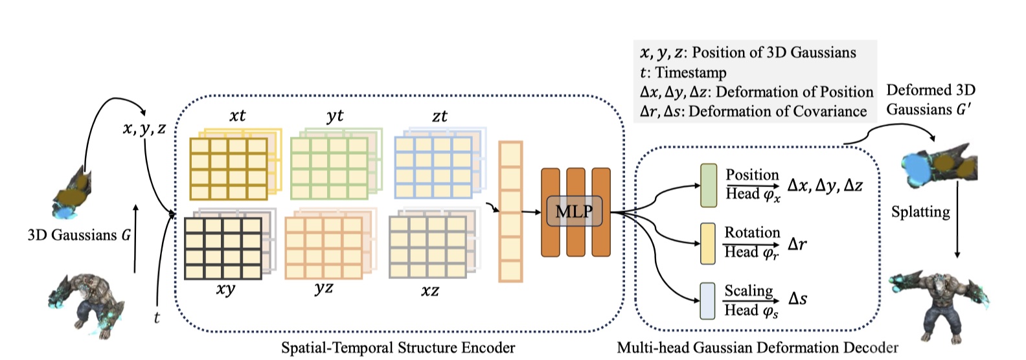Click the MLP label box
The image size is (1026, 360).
575,211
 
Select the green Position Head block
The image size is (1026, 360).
709,185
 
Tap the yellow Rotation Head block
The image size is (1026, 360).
709,243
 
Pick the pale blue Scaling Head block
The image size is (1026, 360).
708,301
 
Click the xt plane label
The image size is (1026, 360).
238,116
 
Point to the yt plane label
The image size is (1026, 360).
335,116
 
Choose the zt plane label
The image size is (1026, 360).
440,117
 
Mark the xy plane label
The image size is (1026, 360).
225,289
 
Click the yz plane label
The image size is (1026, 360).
324,288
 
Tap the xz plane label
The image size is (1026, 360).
429,291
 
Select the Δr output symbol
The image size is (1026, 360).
797,244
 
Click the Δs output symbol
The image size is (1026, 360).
797,299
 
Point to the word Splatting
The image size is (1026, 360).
920,212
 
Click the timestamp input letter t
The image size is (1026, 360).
157,317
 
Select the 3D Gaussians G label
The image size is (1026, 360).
79,235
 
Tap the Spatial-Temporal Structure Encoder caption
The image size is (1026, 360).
398,348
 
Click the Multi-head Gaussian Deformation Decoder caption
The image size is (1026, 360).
757,348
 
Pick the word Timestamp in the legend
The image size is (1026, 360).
690,73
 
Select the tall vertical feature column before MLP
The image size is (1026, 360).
510,212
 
